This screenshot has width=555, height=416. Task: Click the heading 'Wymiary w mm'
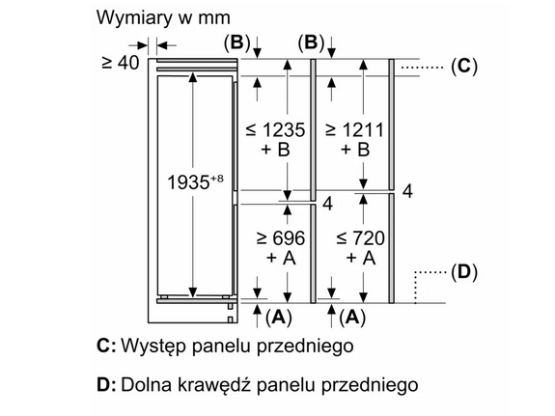click(163, 17)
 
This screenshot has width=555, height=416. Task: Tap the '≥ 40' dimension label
click(121, 63)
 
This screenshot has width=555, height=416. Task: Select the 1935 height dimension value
click(188, 182)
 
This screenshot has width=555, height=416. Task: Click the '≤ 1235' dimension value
click(275, 130)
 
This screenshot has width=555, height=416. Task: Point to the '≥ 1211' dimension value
click(354, 130)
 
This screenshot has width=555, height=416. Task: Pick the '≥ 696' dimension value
click(280, 237)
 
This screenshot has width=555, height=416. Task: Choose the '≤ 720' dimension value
click(360, 237)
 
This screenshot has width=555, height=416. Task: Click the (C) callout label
click(464, 66)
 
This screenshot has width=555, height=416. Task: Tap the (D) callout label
click(464, 272)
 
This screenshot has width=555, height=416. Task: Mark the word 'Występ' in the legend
click(153, 346)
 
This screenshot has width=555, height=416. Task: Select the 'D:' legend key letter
click(106, 385)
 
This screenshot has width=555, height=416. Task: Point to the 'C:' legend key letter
click(106, 346)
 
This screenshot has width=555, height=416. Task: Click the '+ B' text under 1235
click(275, 149)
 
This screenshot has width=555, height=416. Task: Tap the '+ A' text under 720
click(361, 258)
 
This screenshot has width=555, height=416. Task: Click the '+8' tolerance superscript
click(217, 179)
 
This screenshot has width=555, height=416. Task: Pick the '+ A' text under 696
click(281, 258)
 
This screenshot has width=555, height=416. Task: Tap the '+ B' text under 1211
click(355, 149)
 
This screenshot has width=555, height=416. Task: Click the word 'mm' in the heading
click(213, 18)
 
